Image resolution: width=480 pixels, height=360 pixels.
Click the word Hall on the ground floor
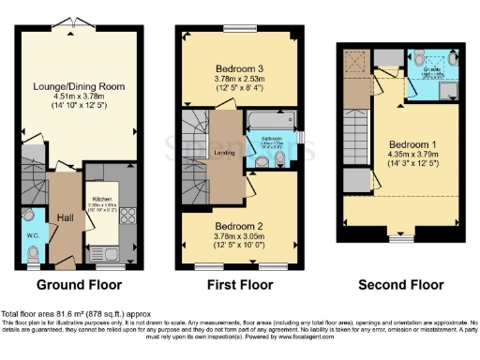(65, 218)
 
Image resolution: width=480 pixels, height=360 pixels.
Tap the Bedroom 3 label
(239, 68)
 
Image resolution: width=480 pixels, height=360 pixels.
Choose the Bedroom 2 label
(239, 227)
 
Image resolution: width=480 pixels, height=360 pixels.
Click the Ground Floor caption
(76, 284)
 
